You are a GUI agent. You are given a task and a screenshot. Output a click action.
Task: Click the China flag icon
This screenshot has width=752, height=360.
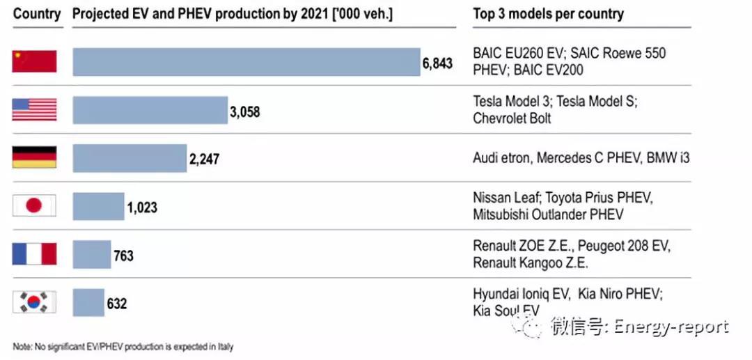click(34, 61)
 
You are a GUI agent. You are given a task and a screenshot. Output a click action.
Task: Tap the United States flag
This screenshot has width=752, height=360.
click(34, 109)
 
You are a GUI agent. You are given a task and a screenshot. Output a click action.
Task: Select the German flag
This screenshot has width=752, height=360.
click(34, 157)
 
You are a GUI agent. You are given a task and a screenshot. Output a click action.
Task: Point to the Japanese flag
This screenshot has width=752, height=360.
click(34, 205)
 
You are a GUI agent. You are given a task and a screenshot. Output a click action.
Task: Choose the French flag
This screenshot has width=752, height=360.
click(34, 253)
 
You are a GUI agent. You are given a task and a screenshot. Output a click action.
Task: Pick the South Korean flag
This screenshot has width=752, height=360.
click(34, 302)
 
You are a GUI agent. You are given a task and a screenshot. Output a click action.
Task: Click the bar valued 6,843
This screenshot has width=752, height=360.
click(246, 61)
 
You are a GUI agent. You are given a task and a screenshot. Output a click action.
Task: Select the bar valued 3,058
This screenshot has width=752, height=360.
click(150, 110)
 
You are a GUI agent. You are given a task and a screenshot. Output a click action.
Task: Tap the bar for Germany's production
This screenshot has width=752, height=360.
click(130, 158)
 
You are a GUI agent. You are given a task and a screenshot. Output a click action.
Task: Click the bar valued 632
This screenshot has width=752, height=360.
click(88, 302)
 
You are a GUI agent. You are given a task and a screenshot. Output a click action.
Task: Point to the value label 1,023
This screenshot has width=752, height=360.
click(142, 207)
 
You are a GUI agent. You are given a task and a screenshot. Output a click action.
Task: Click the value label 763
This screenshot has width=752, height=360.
click(123, 255)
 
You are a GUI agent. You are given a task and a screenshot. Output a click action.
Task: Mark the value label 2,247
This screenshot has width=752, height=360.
click(204, 159)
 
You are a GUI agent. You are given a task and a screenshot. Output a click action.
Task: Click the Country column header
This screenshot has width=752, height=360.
click(37, 13)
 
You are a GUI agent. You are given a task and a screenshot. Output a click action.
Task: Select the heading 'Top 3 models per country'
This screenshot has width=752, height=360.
click(548, 13)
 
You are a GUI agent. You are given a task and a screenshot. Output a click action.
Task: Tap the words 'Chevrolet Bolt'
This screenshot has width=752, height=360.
click(512, 118)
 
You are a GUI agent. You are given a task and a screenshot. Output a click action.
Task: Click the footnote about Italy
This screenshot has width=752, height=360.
click(123, 347)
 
